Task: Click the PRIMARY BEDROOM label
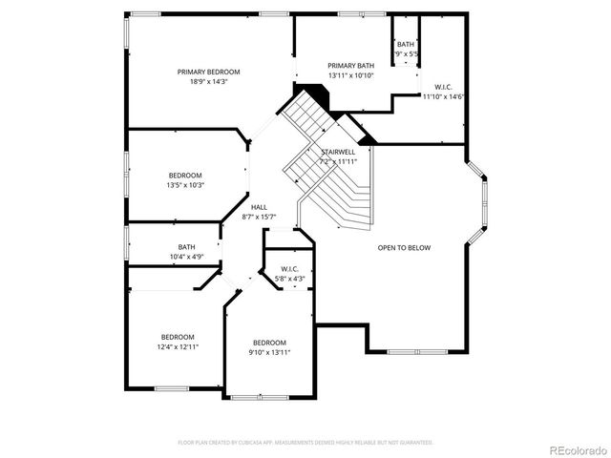(x=208, y=72)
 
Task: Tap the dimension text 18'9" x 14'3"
(x=208, y=82)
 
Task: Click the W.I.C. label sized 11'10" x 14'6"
(x=443, y=87)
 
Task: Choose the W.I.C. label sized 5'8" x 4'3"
(x=290, y=269)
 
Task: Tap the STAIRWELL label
(x=338, y=152)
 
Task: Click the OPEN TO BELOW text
(x=404, y=248)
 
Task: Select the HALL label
(x=259, y=207)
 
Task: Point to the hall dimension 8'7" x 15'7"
(x=259, y=218)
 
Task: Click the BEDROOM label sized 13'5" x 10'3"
(x=185, y=175)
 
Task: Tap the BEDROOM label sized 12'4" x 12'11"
(x=178, y=336)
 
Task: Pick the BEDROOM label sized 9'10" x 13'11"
(x=269, y=343)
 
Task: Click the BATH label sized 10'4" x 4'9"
(x=185, y=247)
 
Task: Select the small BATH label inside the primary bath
(x=406, y=44)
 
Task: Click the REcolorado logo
(x=574, y=448)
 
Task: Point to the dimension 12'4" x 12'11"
(x=178, y=346)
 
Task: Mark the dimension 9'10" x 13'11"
(x=269, y=353)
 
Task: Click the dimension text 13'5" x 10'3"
(x=185, y=185)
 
